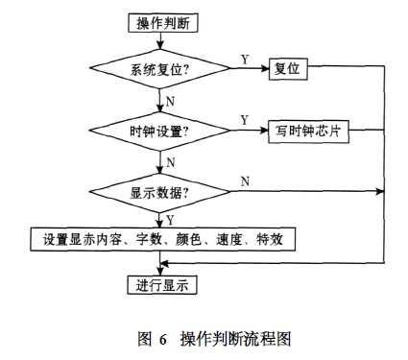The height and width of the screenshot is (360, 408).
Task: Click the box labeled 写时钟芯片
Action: [306, 132]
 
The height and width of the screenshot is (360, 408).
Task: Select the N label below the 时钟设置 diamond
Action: [170, 161]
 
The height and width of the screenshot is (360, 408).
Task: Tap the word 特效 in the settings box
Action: [289, 238]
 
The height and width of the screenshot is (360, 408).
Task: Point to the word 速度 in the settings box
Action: [244, 238]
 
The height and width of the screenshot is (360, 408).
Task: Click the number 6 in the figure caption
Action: [163, 338]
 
